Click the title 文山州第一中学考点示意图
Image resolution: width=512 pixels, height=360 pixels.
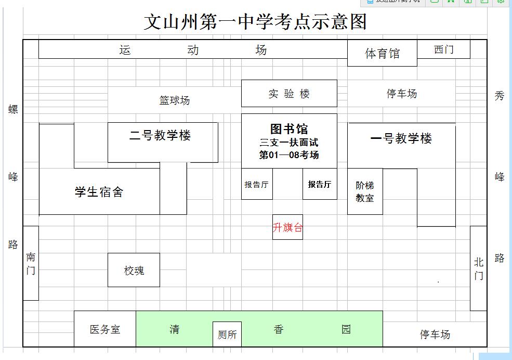click(x=255, y=22)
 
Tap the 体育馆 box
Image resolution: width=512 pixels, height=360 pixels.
click(x=382, y=54)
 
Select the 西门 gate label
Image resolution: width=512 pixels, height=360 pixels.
click(x=443, y=49)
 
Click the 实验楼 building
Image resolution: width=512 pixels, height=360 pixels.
click(x=289, y=94)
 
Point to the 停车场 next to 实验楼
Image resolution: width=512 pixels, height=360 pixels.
click(x=401, y=94)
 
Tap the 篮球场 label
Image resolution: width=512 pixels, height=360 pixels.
click(x=174, y=100)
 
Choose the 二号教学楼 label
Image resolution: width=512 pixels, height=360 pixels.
click(x=160, y=136)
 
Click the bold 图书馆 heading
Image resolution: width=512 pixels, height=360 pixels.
click(x=289, y=128)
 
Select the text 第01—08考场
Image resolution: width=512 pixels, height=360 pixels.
click(x=289, y=155)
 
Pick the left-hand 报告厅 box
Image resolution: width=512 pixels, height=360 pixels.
click(x=257, y=184)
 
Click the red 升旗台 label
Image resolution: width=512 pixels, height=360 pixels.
click(x=287, y=227)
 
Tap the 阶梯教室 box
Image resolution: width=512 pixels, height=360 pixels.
click(x=365, y=191)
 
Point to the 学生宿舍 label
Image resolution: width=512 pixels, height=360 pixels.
click(x=99, y=192)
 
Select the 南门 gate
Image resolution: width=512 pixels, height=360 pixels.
click(x=31, y=263)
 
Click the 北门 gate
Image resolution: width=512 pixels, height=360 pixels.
click(x=478, y=268)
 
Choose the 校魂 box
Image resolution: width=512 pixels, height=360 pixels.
click(x=134, y=271)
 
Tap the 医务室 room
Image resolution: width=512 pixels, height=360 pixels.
click(x=105, y=329)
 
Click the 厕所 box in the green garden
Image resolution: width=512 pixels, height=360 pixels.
click(x=227, y=335)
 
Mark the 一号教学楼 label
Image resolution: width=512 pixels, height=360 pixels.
click(x=401, y=139)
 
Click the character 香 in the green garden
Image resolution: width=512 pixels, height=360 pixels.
click(x=279, y=329)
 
